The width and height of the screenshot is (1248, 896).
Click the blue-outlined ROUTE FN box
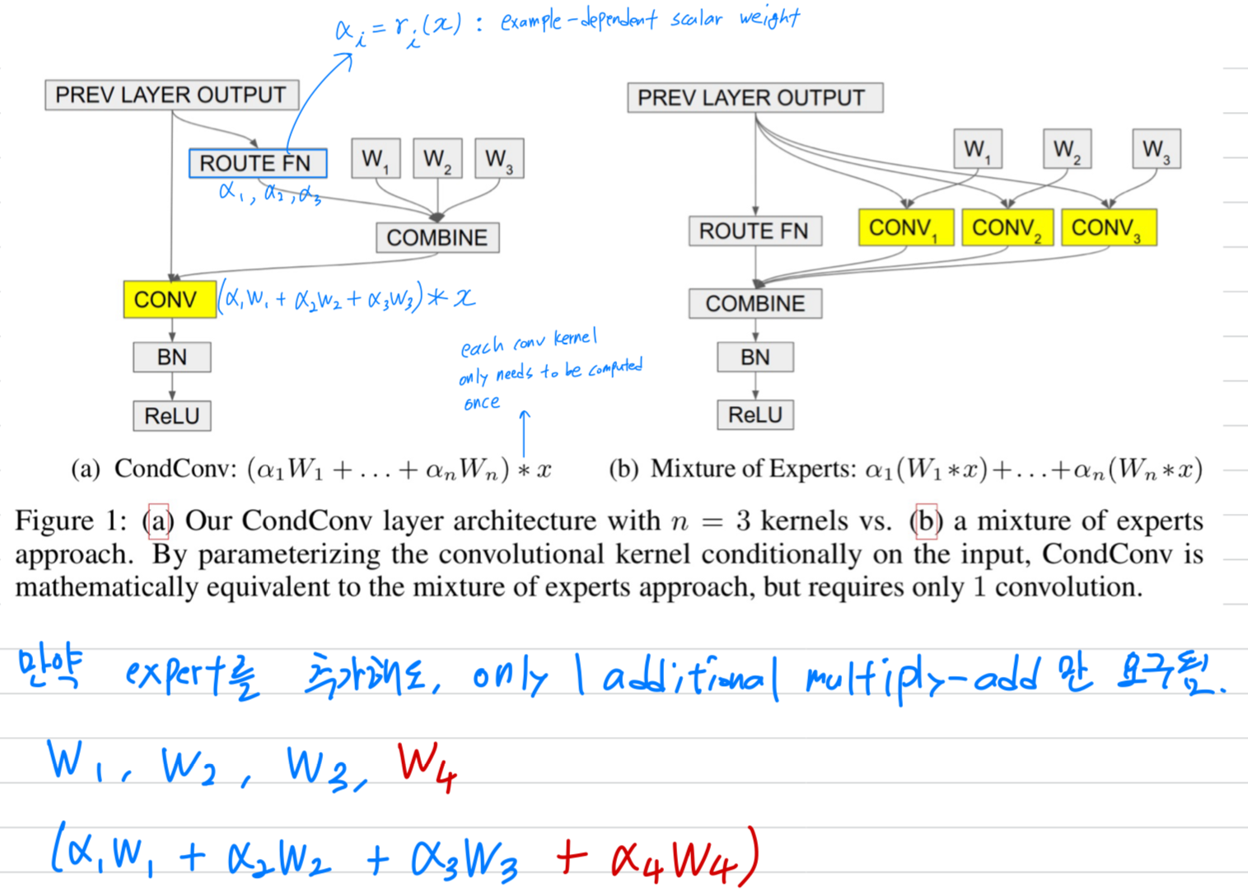(x=257, y=163)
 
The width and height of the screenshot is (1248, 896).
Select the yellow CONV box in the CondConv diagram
(x=169, y=299)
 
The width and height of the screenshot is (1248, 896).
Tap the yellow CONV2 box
(x=1006, y=227)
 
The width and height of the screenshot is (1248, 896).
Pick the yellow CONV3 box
(x=1108, y=227)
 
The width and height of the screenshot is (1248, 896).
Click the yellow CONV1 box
(x=904, y=227)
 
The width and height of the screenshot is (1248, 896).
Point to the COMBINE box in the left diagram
(x=437, y=237)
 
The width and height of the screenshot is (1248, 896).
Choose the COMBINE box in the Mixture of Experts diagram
(x=755, y=303)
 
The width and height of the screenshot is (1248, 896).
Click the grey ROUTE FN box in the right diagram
(x=754, y=231)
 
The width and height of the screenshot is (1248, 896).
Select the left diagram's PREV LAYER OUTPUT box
(x=171, y=95)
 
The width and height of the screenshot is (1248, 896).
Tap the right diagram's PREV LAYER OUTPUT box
(x=754, y=97)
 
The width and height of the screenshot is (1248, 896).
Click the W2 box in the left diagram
(x=437, y=158)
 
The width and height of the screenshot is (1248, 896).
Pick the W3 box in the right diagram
(x=1155, y=149)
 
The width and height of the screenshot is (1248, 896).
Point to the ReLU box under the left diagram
(x=171, y=415)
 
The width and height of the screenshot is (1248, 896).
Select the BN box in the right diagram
(x=755, y=357)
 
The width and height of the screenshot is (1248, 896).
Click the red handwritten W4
(x=427, y=766)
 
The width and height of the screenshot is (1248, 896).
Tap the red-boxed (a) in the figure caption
(x=158, y=520)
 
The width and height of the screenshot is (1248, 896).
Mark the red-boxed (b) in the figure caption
(x=926, y=520)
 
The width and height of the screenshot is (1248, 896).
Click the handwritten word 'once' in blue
(x=482, y=404)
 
